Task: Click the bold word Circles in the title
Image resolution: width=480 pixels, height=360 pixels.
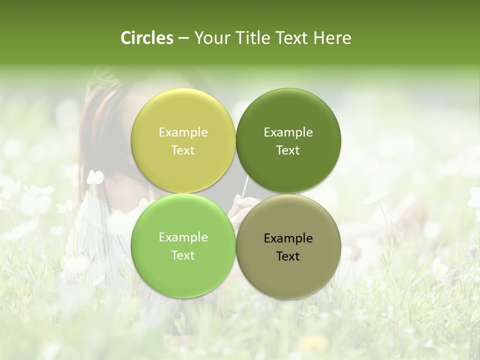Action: point(147,38)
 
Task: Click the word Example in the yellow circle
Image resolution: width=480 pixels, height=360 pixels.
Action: point(183,132)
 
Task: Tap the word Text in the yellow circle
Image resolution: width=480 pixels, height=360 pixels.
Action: point(183,150)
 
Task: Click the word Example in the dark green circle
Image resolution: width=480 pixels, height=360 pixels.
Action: point(288,132)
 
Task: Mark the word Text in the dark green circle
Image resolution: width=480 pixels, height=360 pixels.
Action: point(288,150)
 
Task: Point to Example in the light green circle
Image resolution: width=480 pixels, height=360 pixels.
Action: point(183,237)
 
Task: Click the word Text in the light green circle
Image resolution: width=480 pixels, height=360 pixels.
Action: point(183,255)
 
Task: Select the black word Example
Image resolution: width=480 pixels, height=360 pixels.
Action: point(288,238)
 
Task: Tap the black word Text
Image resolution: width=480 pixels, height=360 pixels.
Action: point(288,256)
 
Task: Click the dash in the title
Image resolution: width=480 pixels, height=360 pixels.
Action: point(183,38)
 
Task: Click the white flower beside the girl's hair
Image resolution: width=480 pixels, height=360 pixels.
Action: point(95,177)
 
